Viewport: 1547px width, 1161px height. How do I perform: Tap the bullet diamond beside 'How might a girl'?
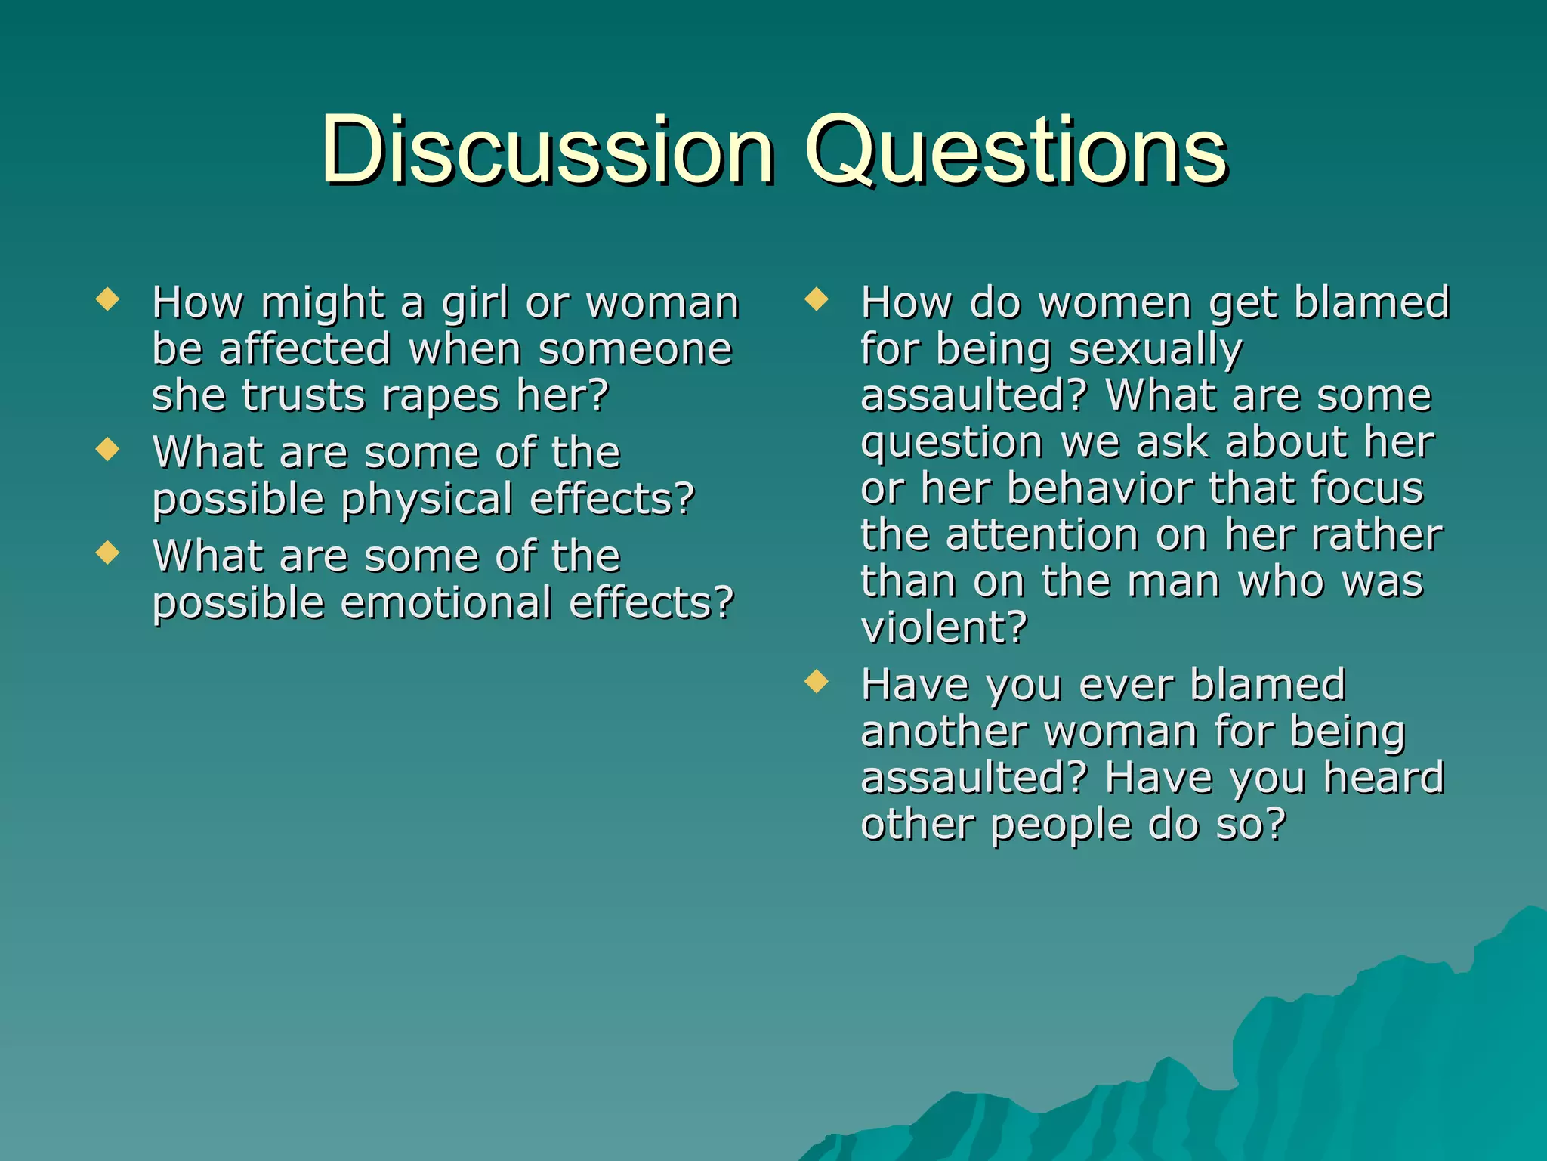click(108, 299)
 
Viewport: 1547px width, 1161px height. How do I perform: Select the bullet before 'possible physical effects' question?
click(108, 449)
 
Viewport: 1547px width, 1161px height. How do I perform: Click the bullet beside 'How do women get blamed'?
click(817, 299)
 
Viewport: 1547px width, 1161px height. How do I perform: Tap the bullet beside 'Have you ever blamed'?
click(817, 682)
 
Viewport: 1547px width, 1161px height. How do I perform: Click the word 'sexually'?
click(1156, 350)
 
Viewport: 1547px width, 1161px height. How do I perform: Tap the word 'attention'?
click(1042, 535)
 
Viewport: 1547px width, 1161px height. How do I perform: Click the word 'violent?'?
click(944, 627)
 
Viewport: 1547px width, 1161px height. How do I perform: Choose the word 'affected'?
click(305, 349)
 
